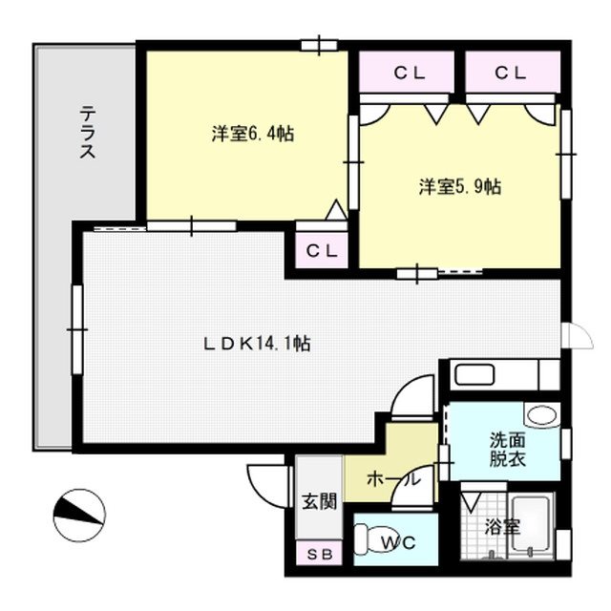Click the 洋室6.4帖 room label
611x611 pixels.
(252, 135)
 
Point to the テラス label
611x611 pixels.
(86, 135)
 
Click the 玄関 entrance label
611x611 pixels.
(319, 500)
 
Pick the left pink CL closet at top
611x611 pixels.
(409, 72)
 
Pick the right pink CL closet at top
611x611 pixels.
(510, 72)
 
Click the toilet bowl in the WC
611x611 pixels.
(371, 541)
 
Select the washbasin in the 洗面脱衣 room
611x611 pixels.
(541, 416)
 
